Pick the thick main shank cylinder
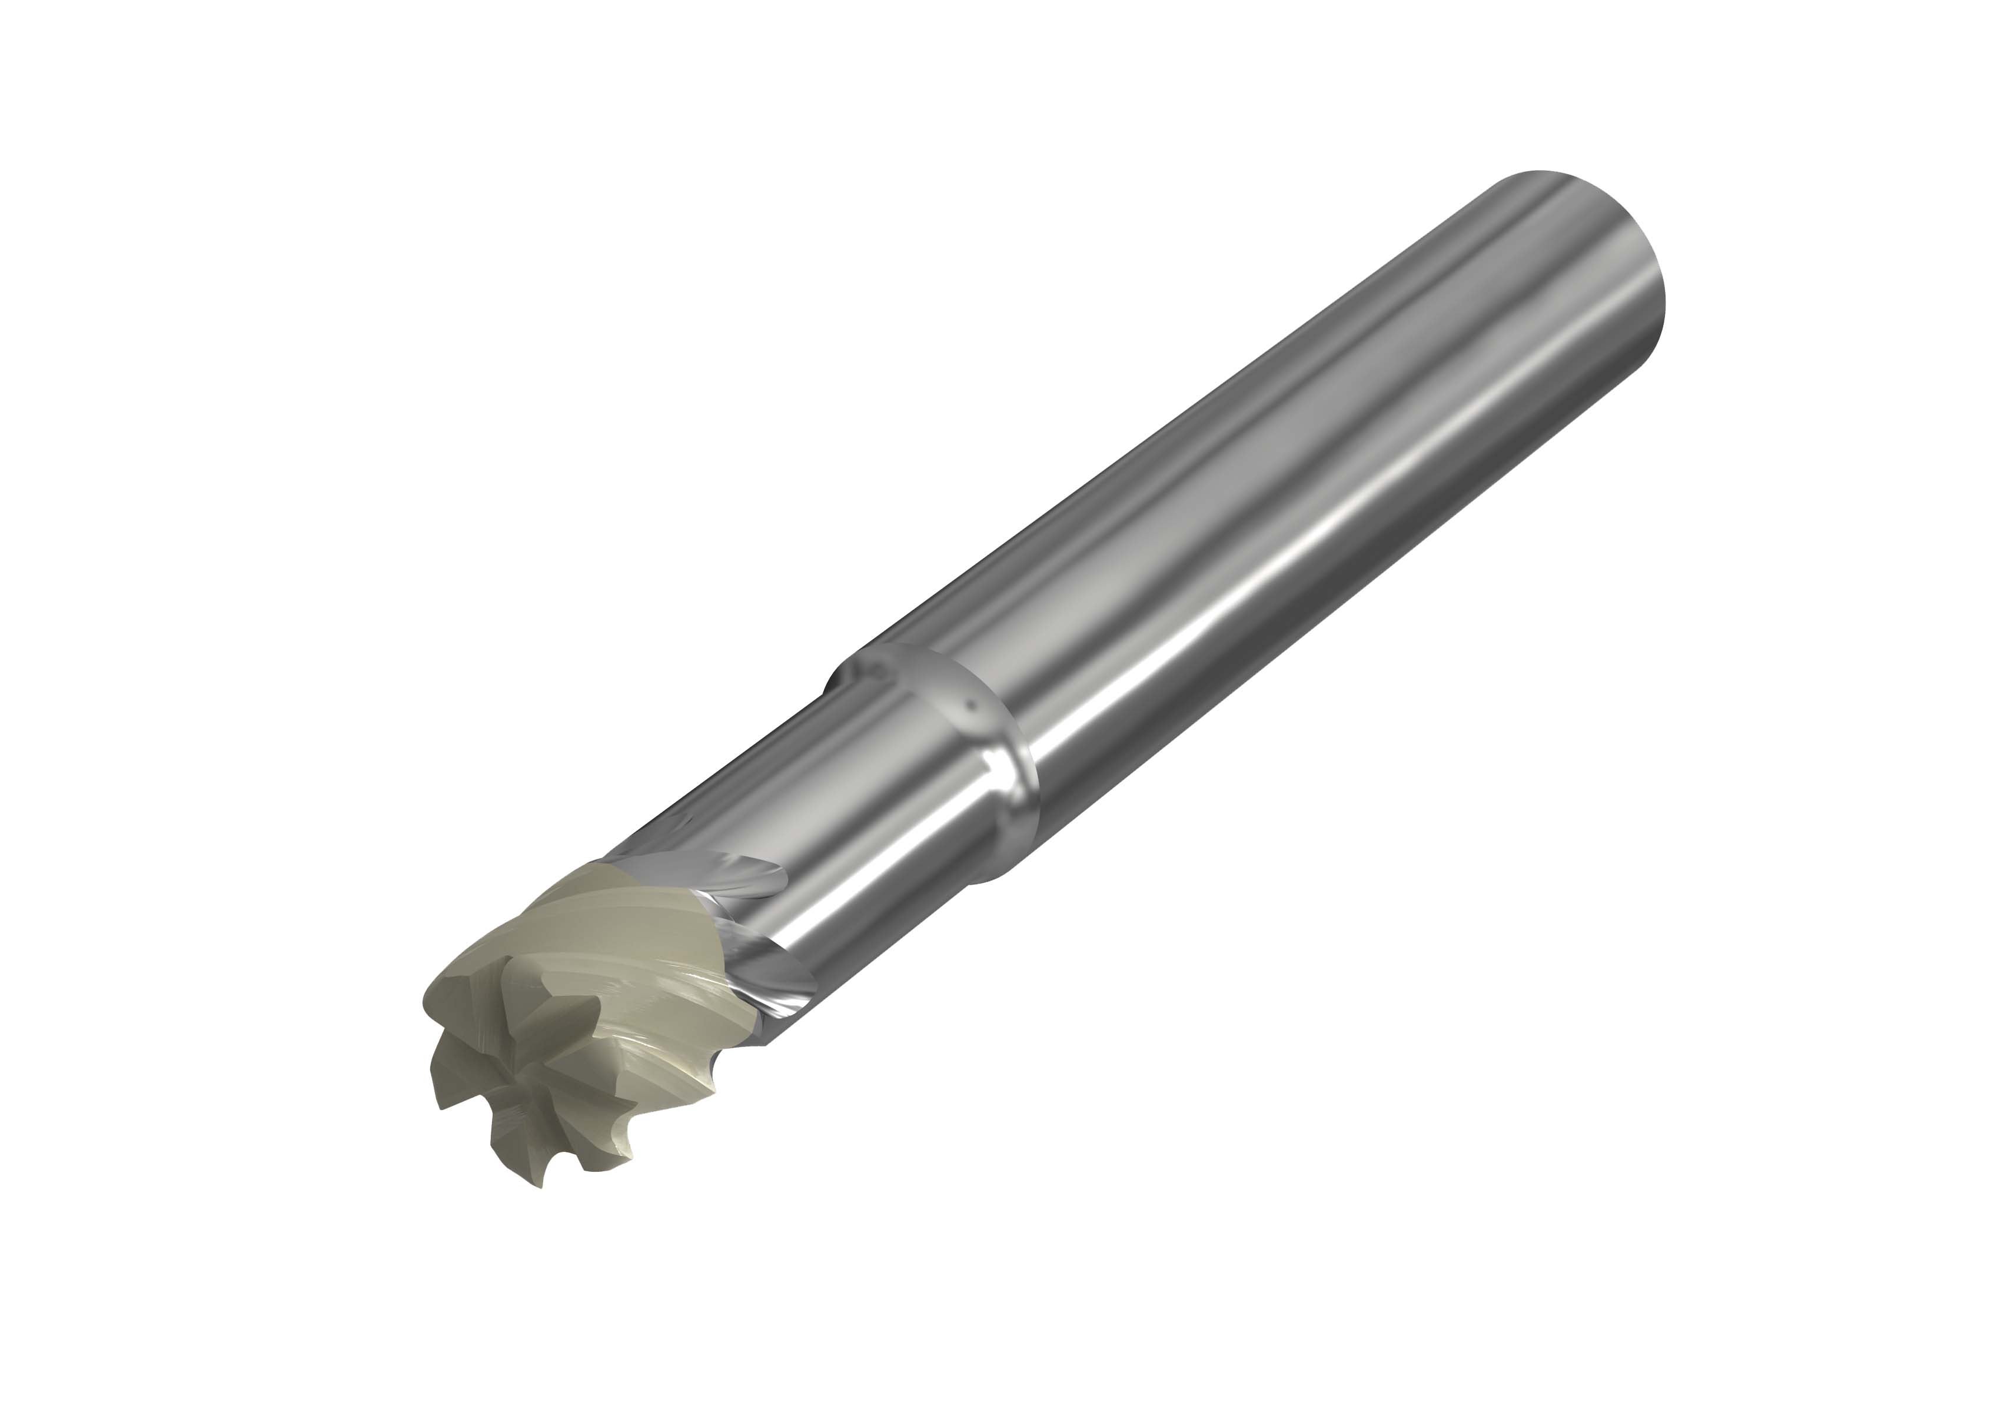pyautogui.click(x=1311, y=489)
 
